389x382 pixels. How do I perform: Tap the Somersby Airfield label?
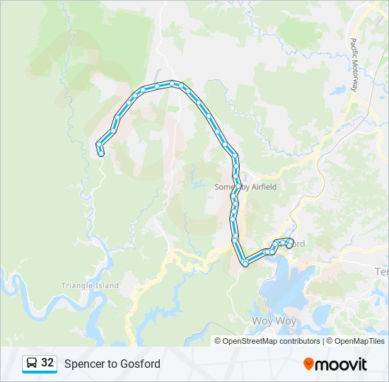[x=245, y=187]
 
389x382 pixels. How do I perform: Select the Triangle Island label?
[x=89, y=286]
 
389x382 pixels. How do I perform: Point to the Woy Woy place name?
[x=269, y=321]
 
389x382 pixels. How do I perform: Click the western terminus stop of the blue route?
[x=102, y=152]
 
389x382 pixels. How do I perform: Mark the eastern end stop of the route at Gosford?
[x=289, y=245]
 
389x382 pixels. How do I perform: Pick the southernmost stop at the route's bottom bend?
[x=245, y=263]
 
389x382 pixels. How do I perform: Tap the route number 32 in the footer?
[x=47, y=363]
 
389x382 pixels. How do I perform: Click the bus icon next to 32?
[x=32, y=364]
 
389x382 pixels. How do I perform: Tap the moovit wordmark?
[x=342, y=364]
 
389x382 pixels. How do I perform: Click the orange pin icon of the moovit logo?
[x=308, y=364]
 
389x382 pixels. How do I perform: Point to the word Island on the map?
[x=107, y=286]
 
